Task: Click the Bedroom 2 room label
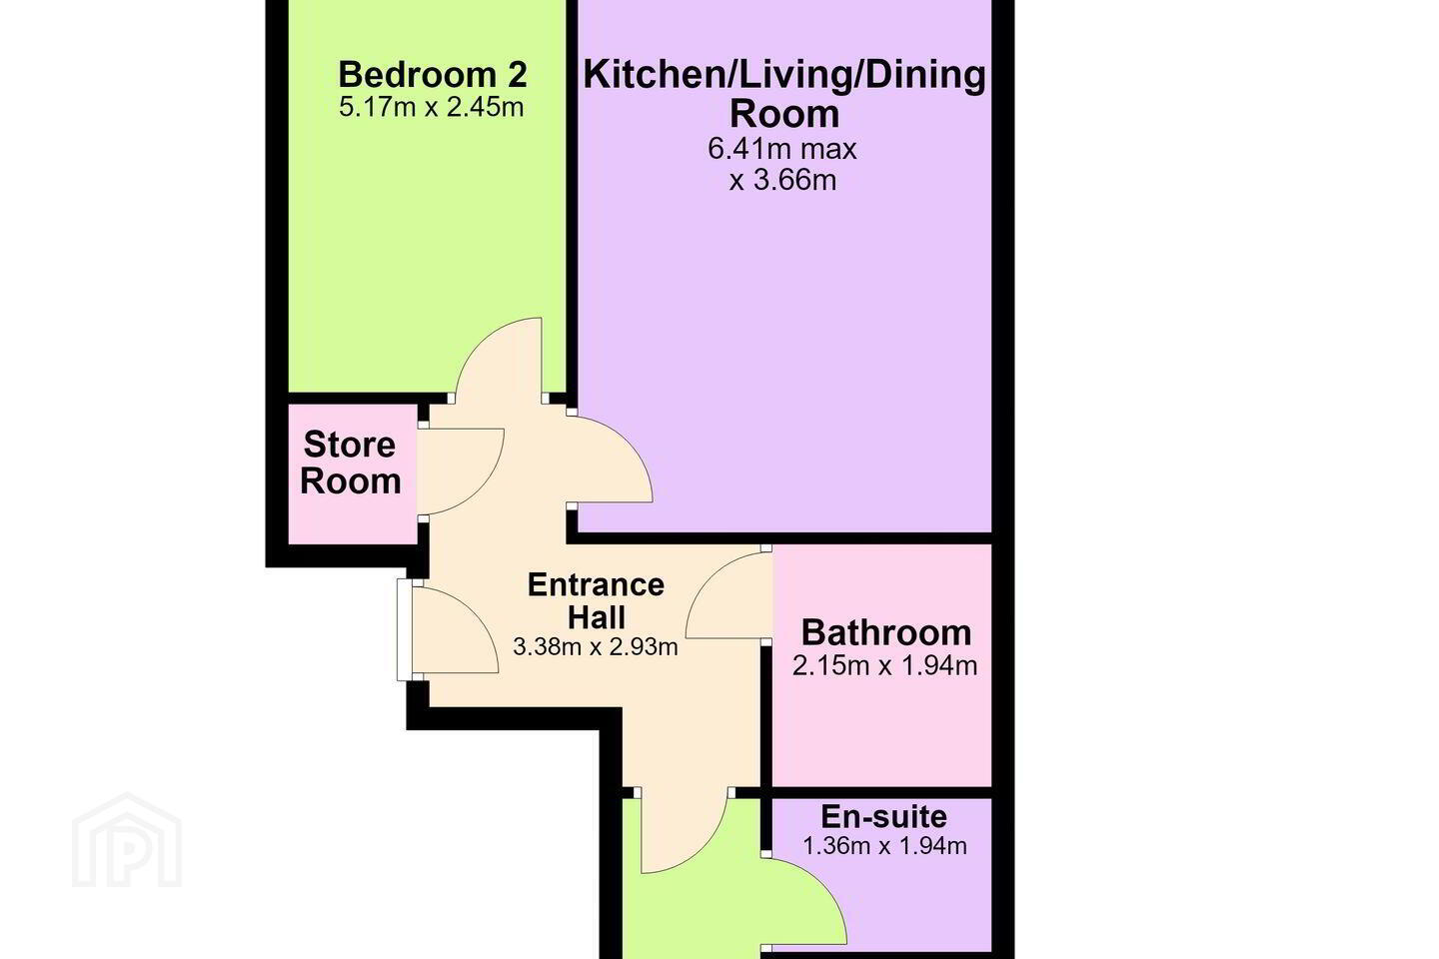(433, 75)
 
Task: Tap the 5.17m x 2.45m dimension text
(432, 107)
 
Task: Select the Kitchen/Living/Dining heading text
(784, 75)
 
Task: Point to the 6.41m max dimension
(782, 149)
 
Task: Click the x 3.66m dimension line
(783, 181)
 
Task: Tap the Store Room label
(350, 463)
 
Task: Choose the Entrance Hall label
(597, 601)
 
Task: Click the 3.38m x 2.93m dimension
(596, 647)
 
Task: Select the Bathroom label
(885, 632)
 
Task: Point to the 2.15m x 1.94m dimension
(884, 666)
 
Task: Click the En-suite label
(884, 817)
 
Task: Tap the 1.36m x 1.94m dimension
(884, 846)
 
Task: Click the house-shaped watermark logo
(127, 840)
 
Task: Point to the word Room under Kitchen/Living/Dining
(784, 114)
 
